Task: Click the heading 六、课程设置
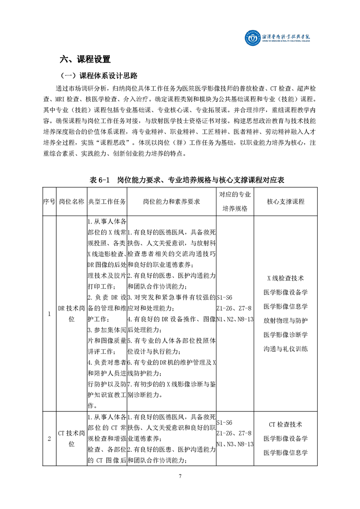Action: (85, 59)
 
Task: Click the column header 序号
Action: (49, 201)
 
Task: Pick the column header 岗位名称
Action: (71, 201)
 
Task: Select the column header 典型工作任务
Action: (107, 201)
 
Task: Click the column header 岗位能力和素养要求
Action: (172, 201)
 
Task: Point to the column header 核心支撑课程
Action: (286, 201)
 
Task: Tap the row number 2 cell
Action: (49, 438)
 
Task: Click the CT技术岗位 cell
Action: (71, 438)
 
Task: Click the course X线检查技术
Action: (286, 278)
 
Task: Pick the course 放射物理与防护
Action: (286, 321)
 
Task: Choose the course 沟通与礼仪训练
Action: (286, 349)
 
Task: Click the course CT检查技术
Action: (286, 425)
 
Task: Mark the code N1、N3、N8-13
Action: (235, 443)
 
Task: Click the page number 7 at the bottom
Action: (180, 476)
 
